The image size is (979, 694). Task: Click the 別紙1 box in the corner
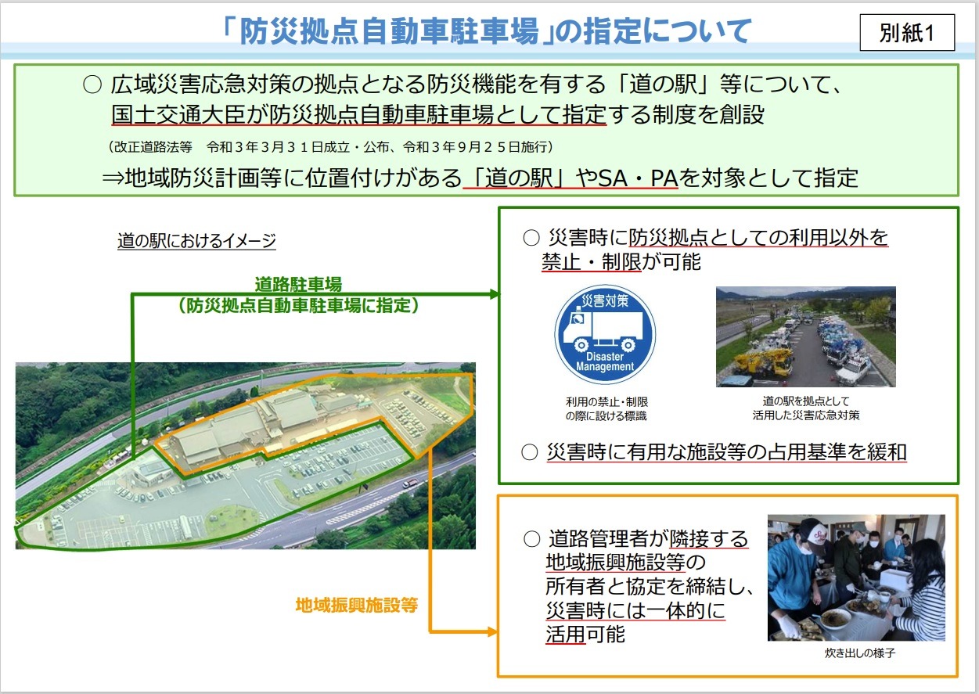907,32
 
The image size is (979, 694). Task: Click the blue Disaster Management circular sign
605,334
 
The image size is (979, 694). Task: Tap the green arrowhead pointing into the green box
495,294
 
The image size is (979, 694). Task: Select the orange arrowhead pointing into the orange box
492,631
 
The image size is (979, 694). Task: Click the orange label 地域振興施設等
357,605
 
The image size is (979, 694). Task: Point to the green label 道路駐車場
298,285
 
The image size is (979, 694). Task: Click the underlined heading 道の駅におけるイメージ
196,241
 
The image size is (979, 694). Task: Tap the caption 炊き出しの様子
860,653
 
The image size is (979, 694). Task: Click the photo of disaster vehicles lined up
805,336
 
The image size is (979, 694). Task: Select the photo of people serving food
856,577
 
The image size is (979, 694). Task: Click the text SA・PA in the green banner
638,178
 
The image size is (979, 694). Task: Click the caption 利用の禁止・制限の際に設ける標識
606,408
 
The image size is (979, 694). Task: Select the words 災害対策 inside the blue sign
605,300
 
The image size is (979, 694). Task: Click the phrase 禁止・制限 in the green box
592,262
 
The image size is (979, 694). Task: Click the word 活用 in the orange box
566,634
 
